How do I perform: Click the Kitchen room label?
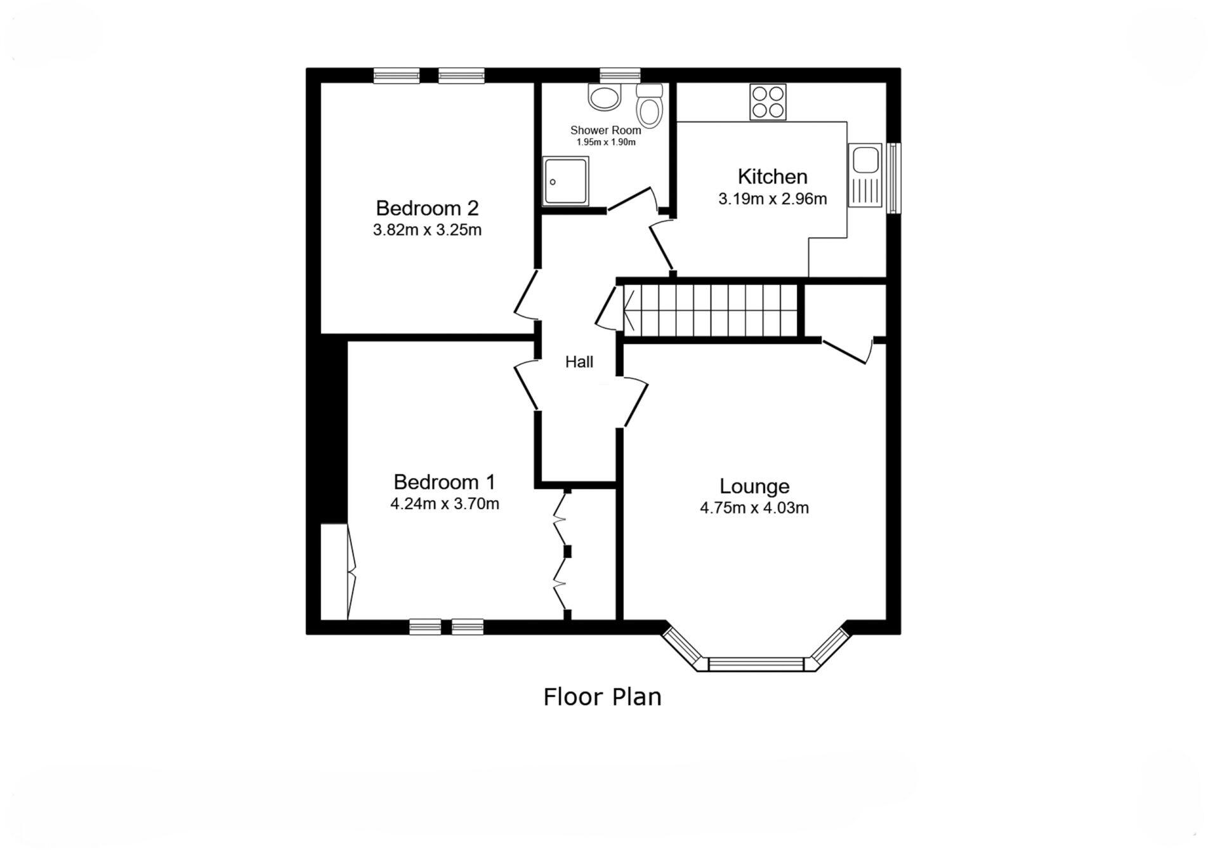(x=772, y=176)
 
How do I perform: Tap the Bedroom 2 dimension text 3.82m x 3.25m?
(x=427, y=230)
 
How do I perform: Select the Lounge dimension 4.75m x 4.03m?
(x=754, y=508)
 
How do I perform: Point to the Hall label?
(x=579, y=362)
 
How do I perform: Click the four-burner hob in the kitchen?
(x=768, y=102)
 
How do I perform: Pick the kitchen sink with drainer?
(x=865, y=175)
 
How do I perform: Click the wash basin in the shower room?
(x=605, y=98)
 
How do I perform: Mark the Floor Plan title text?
(x=602, y=697)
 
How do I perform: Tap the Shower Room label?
(x=605, y=130)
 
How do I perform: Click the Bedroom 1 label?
(x=444, y=482)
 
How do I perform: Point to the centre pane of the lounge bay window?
(x=756, y=664)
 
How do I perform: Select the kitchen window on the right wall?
(x=893, y=178)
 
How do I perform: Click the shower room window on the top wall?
(x=620, y=75)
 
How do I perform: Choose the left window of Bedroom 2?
(x=396, y=76)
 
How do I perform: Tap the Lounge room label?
(x=754, y=486)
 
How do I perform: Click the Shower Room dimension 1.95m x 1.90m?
(x=605, y=142)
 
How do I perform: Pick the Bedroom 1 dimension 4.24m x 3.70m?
(x=444, y=504)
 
